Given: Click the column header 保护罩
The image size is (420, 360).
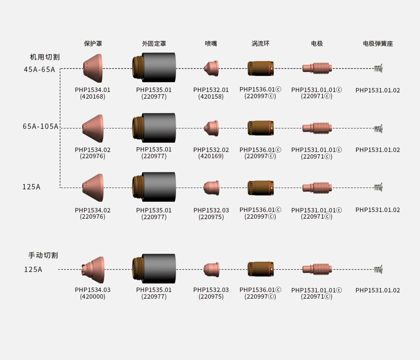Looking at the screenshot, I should (93, 44).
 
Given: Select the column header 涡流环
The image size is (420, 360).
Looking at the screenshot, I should (260, 44).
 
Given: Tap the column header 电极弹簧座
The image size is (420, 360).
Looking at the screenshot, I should (378, 44).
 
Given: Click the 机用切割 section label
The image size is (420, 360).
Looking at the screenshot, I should (44, 57).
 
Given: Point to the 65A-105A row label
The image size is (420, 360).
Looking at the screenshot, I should (40, 127).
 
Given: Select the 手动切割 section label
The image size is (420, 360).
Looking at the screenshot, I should (43, 256).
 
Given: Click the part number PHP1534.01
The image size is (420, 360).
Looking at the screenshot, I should (92, 90).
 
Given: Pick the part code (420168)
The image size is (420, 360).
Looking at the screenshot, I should (92, 96).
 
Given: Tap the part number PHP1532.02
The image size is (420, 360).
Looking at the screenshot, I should (211, 150).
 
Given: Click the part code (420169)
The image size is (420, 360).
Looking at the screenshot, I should (211, 156).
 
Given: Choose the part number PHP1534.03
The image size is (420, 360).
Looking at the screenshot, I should (92, 290).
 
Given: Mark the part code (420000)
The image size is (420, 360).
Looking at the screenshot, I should (92, 296).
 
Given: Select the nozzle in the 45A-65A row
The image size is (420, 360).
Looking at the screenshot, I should (211, 68).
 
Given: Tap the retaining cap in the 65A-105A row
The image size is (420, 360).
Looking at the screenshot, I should (154, 128).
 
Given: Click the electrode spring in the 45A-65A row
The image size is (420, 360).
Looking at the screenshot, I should (378, 68).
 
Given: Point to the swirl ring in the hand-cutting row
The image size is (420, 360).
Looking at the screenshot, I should (260, 269).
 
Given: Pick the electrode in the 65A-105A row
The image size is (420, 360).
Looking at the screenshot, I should (316, 128).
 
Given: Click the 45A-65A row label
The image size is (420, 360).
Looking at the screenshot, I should (40, 69).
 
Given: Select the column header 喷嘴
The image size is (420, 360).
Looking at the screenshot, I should (211, 44).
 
